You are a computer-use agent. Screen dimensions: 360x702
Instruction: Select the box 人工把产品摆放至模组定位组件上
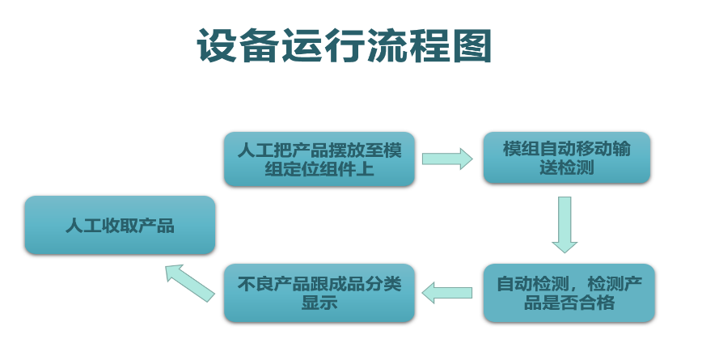click(319, 159)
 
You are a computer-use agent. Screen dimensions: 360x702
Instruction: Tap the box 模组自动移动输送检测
click(566, 159)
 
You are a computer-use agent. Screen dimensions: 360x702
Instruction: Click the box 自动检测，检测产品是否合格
click(569, 293)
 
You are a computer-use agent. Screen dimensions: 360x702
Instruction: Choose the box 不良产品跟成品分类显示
click(319, 293)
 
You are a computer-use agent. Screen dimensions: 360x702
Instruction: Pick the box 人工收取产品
click(120, 225)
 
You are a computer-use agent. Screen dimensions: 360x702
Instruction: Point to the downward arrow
click(565, 224)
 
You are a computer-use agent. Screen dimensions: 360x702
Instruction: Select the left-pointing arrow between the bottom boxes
click(447, 293)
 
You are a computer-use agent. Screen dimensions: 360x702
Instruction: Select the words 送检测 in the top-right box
click(566, 169)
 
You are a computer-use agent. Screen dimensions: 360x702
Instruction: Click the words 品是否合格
click(569, 303)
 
